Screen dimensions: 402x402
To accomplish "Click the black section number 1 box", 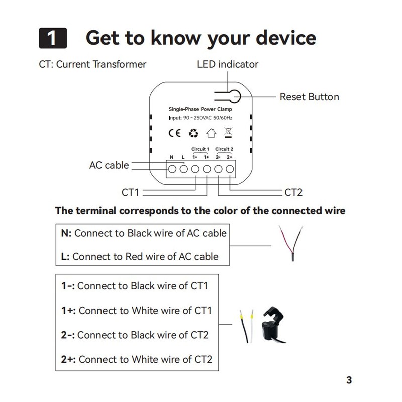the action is coord(53,38).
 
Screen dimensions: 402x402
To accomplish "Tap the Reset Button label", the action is coord(309,97).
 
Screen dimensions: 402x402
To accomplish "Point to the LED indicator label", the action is coord(228,64).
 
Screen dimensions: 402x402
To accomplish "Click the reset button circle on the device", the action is coord(234,96).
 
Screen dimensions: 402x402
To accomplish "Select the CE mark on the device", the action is coord(174,133).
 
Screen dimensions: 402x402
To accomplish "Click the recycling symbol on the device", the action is coord(193,133).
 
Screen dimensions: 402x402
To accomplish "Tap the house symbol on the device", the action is coord(211,133).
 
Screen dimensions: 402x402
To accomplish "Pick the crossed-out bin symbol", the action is coord(228,133).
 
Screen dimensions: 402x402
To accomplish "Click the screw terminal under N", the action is coord(172,169).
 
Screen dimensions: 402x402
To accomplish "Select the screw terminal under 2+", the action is coord(230,169).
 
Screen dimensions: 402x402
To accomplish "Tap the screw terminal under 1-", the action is coord(195,169).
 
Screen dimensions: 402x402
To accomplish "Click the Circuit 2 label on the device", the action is coord(224,149).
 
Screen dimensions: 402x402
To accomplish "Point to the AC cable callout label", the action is coord(109,165).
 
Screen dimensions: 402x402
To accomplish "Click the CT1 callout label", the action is coord(130,192).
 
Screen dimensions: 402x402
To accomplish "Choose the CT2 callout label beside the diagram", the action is coord(293,192).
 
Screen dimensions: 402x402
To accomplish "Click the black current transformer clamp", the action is coord(273,324).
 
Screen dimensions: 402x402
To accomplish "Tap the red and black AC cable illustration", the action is coord(291,243).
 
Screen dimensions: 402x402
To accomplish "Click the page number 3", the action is coord(349,380).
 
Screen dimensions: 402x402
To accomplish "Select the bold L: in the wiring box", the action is coord(65,256).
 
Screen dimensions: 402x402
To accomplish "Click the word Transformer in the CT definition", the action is coord(120,64).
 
